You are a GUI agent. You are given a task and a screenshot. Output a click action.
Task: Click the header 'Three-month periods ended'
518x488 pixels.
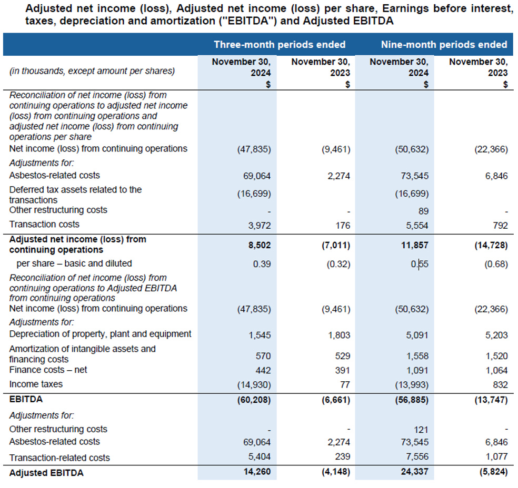(x=280, y=44)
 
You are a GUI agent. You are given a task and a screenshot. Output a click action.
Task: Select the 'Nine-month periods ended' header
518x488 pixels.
(x=444, y=44)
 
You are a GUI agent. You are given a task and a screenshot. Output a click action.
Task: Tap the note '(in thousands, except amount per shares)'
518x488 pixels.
(x=92, y=71)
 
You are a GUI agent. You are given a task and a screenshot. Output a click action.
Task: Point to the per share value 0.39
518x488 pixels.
(x=262, y=263)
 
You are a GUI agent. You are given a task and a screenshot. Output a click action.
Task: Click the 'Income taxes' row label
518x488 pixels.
(x=36, y=384)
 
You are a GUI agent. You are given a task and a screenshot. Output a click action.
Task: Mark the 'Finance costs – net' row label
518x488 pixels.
(x=48, y=370)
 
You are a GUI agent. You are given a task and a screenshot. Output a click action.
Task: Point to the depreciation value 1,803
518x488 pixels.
(x=338, y=334)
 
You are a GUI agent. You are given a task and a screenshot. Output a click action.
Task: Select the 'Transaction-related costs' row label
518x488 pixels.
(x=59, y=457)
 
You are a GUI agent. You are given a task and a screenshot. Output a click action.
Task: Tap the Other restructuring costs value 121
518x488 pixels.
(x=421, y=429)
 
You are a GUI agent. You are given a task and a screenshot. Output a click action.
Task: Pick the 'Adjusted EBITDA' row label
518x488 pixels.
(x=46, y=473)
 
